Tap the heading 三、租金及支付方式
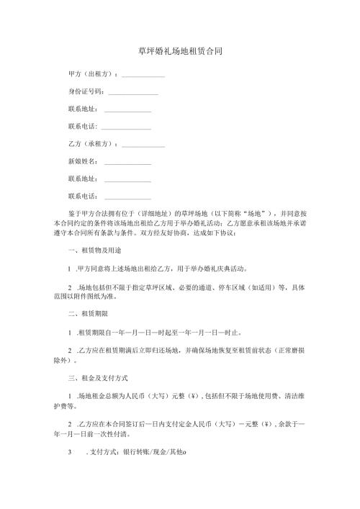tap(95, 377)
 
